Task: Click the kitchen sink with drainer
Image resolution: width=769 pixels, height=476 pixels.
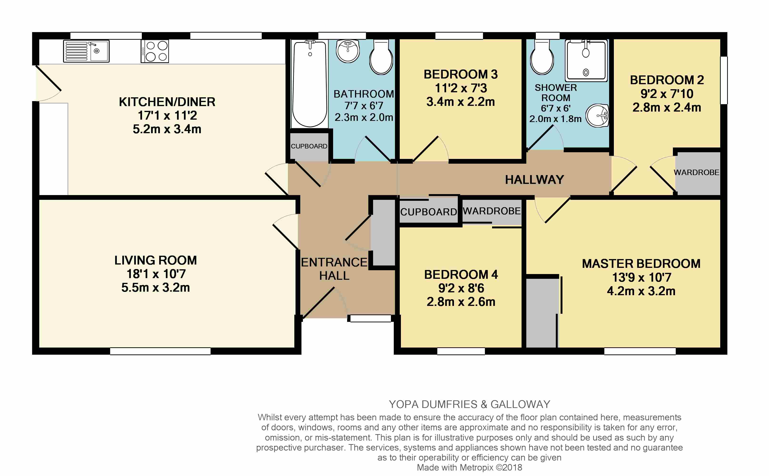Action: (86, 51)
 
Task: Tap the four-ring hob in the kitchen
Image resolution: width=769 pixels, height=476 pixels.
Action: (155, 51)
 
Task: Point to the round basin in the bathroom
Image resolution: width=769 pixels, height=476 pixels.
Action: (348, 51)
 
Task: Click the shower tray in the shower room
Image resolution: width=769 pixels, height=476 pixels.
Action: (586, 60)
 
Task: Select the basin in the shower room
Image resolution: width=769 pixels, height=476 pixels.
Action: (597, 116)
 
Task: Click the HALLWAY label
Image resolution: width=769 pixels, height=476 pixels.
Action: (534, 180)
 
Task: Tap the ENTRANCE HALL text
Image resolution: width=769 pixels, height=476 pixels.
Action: (334, 269)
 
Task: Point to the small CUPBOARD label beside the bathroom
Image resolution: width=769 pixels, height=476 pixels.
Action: (309, 146)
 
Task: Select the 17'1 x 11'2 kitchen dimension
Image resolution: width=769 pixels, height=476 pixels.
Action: (167, 116)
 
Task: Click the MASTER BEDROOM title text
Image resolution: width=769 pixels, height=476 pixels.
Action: (641, 264)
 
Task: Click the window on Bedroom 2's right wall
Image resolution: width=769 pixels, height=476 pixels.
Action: (724, 80)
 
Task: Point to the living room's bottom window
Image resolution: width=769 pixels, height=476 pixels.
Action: (160, 351)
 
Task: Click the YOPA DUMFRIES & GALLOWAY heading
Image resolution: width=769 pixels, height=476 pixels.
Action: (469, 404)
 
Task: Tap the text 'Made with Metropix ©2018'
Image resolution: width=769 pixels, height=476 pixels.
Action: (469, 467)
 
